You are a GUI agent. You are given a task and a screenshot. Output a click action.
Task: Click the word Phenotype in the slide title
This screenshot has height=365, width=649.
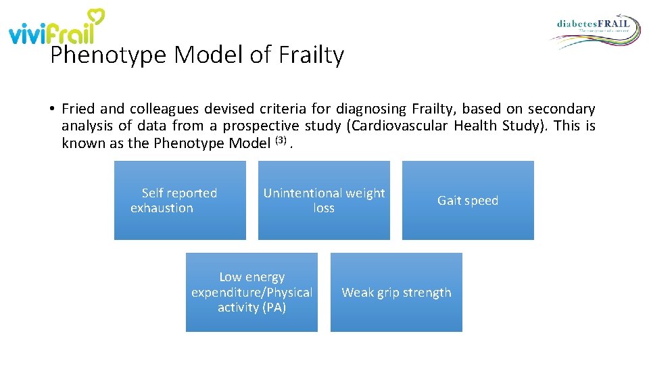[109, 55]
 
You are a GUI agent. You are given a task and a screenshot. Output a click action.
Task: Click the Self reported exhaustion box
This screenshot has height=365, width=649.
[180, 200]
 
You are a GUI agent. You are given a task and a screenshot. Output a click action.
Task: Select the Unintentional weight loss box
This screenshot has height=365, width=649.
[324, 200]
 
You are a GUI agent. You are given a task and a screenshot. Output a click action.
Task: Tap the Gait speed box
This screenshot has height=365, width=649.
[468, 200]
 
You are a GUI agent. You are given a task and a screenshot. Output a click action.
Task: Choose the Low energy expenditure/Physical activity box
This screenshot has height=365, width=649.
[251, 292]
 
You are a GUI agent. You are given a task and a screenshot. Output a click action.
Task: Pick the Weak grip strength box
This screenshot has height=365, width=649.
[396, 292]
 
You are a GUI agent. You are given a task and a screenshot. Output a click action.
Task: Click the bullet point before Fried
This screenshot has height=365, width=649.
[51, 109]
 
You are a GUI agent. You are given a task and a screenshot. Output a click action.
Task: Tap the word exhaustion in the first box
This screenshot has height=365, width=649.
[162, 208]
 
